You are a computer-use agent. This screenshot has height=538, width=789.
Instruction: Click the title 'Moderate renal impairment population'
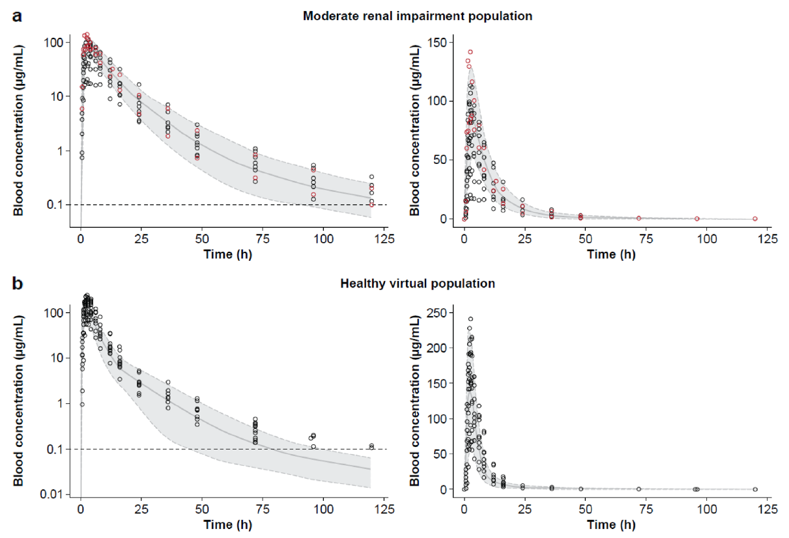pos(417,16)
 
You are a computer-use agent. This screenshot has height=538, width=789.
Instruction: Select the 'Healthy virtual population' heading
pos(417,284)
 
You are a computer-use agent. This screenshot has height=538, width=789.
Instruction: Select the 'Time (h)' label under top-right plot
pos(612,254)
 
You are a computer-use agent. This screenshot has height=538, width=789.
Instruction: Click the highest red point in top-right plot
pos(470,52)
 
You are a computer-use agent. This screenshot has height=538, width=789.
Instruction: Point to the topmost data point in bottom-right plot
pos(470,319)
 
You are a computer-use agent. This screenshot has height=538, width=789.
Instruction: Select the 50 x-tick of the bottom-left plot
pos(202,508)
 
